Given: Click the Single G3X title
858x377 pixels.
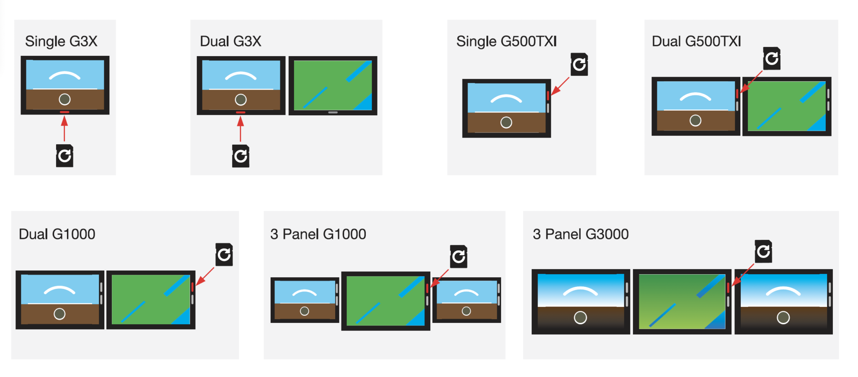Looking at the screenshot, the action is pyautogui.click(x=61, y=42).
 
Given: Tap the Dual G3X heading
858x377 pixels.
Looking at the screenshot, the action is pyautogui.click(x=230, y=42).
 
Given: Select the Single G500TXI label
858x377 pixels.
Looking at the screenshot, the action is pyautogui.click(x=506, y=42).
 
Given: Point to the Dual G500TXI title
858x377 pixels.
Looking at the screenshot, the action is pyautogui.click(x=696, y=42).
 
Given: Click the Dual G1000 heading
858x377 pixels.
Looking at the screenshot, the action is pyautogui.click(x=57, y=234).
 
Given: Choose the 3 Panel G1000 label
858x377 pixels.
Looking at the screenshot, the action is pyautogui.click(x=318, y=234).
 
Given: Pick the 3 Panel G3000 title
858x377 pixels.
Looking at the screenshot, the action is pyautogui.click(x=580, y=234).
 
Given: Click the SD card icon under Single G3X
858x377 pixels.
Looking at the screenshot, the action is pyautogui.click(x=65, y=156).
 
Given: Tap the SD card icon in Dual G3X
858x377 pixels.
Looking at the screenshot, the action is pyautogui.click(x=240, y=156).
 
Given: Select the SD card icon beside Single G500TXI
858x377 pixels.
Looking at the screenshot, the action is pyautogui.click(x=579, y=64).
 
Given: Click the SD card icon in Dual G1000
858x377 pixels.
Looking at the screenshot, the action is pyautogui.click(x=224, y=255).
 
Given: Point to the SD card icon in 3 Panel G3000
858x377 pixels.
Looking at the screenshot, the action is pyautogui.click(x=763, y=251).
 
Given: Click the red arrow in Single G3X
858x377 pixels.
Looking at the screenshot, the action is pyautogui.click(x=64, y=128).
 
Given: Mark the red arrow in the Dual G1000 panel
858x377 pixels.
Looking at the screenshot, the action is pyautogui.click(x=205, y=276).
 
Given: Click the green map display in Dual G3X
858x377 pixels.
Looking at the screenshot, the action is pyautogui.click(x=333, y=85).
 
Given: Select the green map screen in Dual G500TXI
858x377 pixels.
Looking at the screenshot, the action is pyautogui.click(x=786, y=106).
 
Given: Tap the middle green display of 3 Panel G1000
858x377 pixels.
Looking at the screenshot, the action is pyautogui.click(x=385, y=300).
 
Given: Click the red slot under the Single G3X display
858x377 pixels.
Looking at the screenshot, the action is pyautogui.click(x=65, y=112).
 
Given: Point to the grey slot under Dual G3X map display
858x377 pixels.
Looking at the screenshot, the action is pyautogui.click(x=333, y=112).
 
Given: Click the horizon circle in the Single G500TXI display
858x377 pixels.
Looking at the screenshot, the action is pyautogui.click(x=506, y=122).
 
